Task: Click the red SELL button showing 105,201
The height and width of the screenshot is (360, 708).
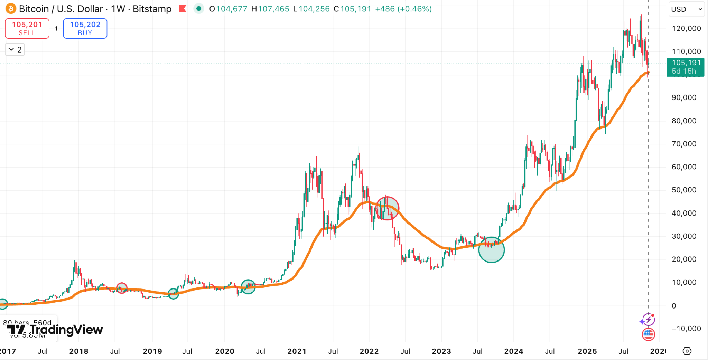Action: pyautogui.click(x=27, y=28)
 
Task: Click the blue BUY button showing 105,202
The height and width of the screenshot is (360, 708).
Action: pyautogui.click(x=85, y=28)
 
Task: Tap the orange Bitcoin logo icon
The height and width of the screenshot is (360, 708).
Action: pyautogui.click(x=10, y=9)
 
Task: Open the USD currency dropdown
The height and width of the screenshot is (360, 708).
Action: pyautogui.click(x=686, y=9)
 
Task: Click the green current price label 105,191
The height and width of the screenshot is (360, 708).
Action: pyautogui.click(x=686, y=67)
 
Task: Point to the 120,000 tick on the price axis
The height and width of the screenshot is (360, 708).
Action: pyautogui.click(x=686, y=28)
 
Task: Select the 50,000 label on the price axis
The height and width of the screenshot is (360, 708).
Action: pyautogui.click(x=684, y=190)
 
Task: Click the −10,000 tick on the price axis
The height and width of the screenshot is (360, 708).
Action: pyautogui.click(x=686, y=329)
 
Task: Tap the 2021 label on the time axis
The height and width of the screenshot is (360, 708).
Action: pyautogui.click(x=297, y=351)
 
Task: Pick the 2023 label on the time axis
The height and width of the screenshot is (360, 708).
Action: pyautogui.click(x=441, y=351)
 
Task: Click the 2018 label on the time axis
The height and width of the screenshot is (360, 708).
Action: pyautogui.click(x=79, y=351)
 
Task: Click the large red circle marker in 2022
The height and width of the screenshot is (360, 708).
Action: pyautogui.click(x=387, y=208)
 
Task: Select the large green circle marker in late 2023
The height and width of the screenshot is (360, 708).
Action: pyautogui.click(x=491, y=250)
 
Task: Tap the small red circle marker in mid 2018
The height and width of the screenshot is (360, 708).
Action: pyautogui.click(x=122, y=288)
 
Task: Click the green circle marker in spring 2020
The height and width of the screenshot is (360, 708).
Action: pyautogui.click(x=248, y=287)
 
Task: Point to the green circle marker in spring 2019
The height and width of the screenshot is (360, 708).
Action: pyautogui.click(x=173, y=294)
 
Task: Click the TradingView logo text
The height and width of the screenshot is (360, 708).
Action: pyautogui.click(x=66, y=330)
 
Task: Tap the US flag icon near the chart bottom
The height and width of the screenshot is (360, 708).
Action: pyautogui.click(x=648, y=334)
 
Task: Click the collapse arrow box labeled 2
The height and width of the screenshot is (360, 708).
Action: pyautogui.click(x=15, y=50)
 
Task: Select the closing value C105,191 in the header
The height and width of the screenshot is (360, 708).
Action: pyautogui.click(x=352, y=9)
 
